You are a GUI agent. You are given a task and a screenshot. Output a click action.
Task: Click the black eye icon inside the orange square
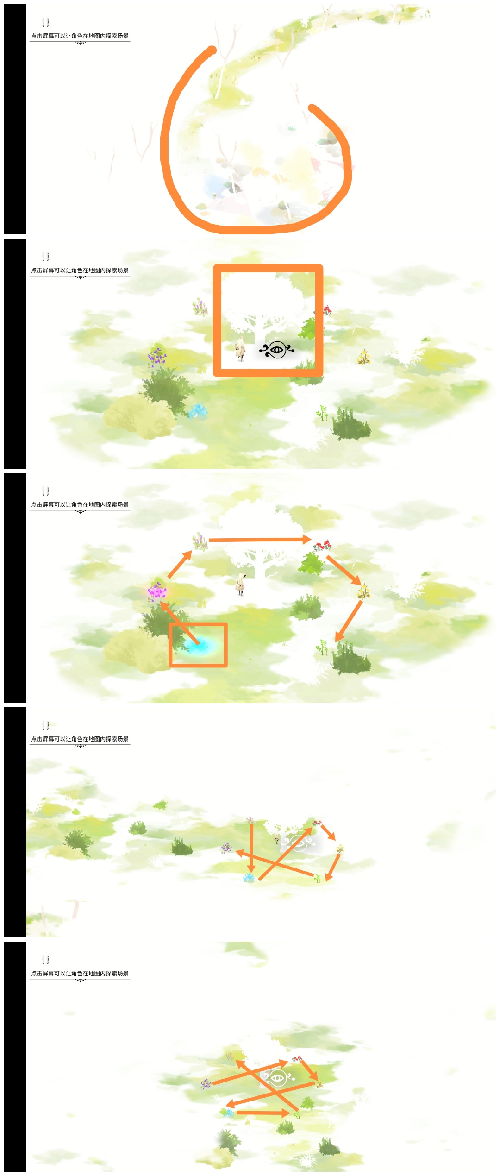point(277,350)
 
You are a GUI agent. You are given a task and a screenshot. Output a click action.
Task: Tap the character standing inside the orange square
point(240,350)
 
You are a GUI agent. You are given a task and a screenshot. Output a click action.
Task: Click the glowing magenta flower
point(157,591)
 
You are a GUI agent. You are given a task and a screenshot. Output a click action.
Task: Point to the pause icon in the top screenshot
point(45,22)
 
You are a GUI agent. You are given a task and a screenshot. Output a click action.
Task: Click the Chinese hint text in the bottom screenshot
point(80,973)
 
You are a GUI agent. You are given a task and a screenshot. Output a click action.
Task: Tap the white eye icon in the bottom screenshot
point(277,1077)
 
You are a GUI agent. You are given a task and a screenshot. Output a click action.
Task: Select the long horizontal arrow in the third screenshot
point(260,540)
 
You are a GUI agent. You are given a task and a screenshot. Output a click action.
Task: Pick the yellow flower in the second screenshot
point(364,357)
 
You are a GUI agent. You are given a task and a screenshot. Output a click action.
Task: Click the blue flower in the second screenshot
point(198,410)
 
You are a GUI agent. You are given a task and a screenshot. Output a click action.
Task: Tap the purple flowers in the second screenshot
point(157,357)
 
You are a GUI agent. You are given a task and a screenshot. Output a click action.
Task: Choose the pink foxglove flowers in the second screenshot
point(200,307)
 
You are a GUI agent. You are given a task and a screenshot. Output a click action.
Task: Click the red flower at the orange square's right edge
point(327,310)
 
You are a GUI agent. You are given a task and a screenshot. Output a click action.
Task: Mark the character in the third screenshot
point(240,584)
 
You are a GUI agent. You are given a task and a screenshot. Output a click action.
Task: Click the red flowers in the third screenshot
point(323,545)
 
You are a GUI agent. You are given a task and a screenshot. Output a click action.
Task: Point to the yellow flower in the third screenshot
point(364,591)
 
